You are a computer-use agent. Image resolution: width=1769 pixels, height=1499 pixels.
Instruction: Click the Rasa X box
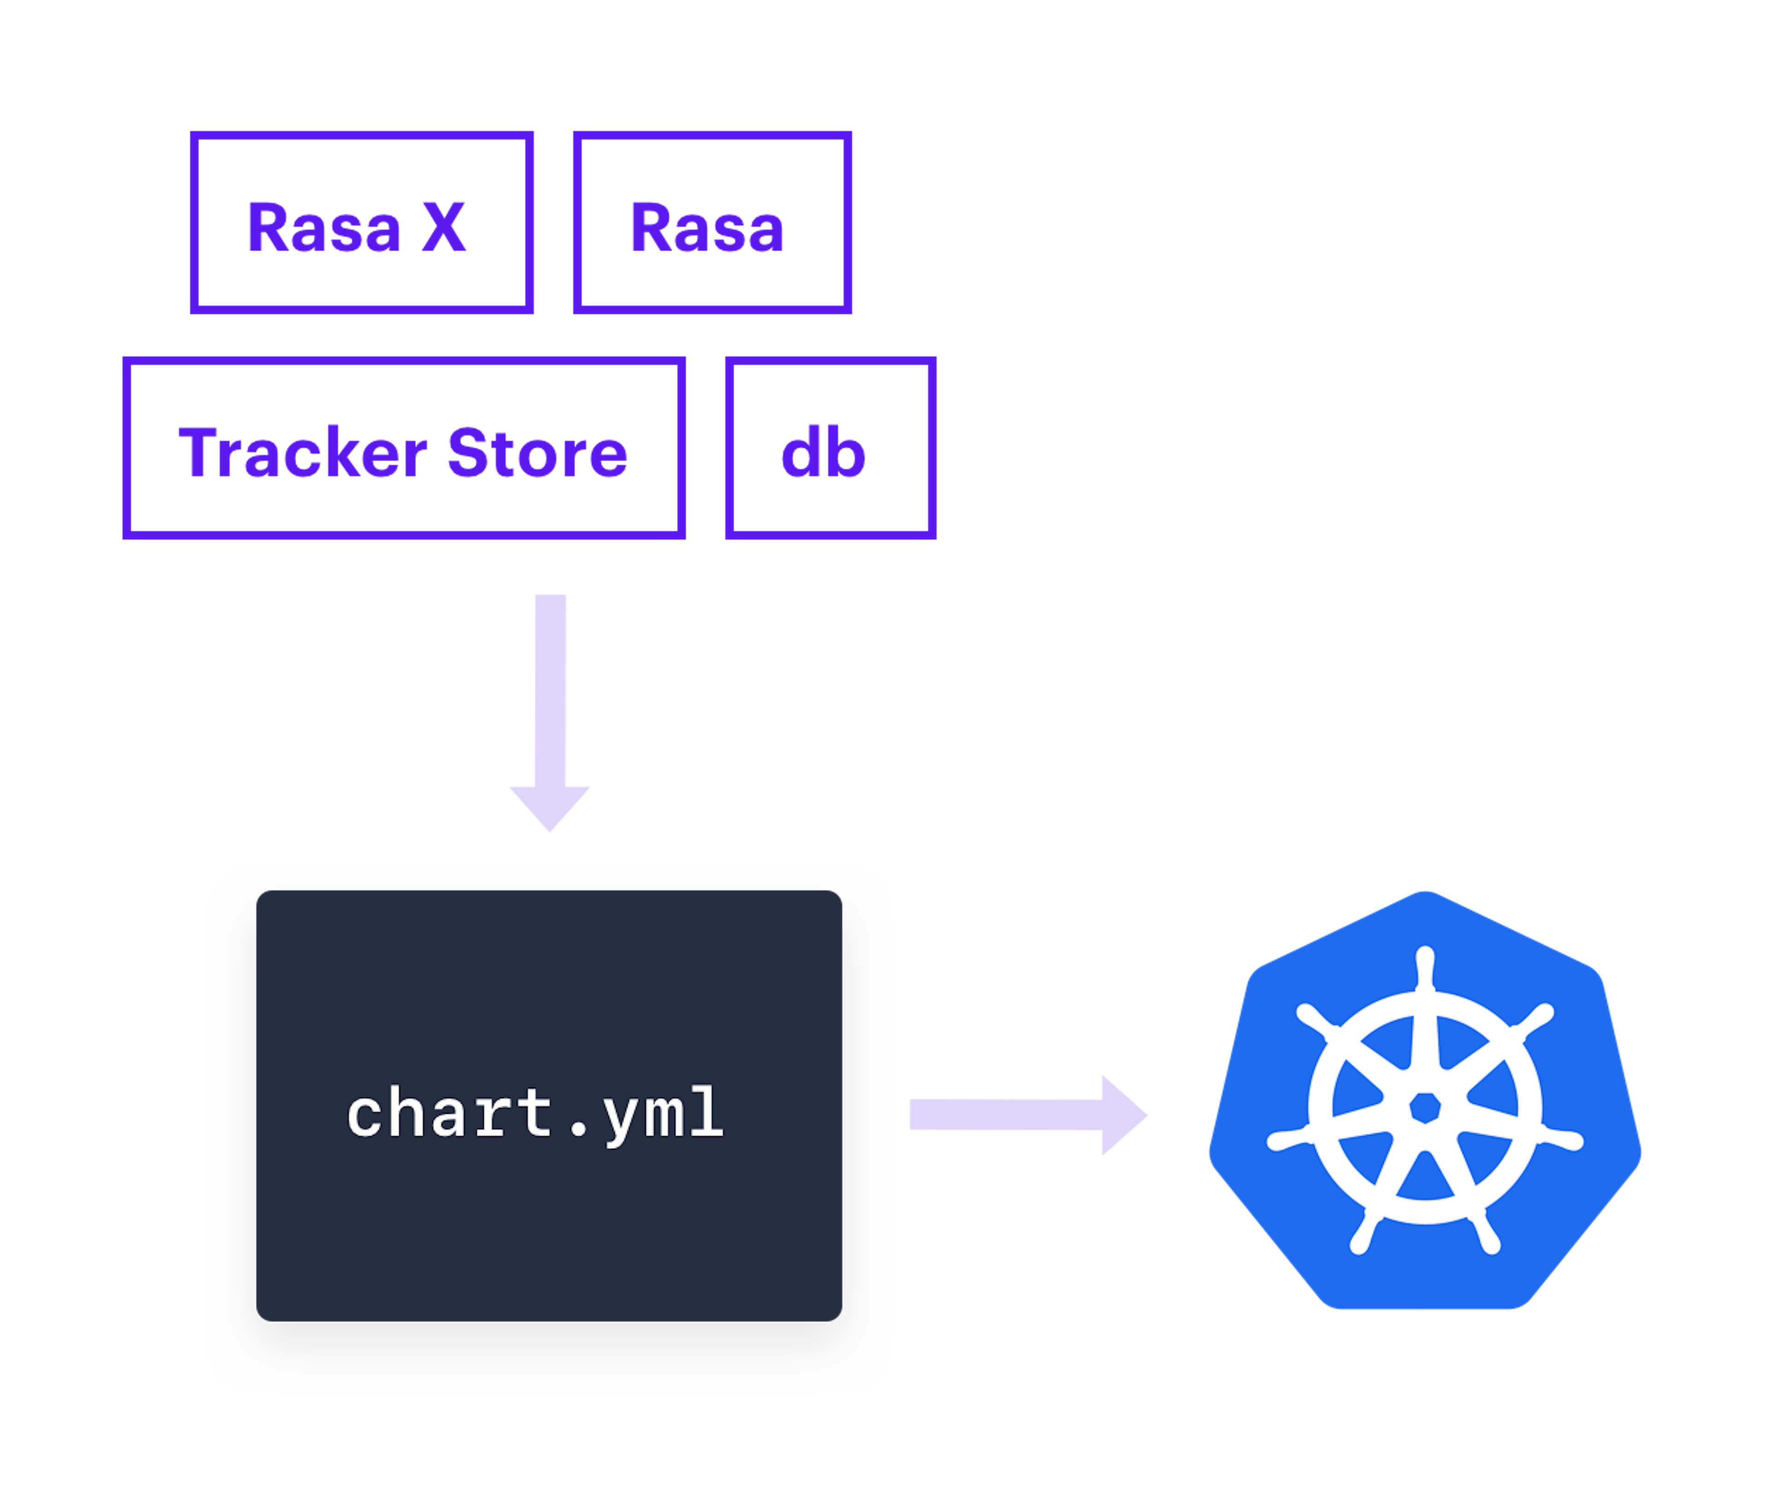[x=361, y=223]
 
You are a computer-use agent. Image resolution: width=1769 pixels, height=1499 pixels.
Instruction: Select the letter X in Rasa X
[x=444, y=228]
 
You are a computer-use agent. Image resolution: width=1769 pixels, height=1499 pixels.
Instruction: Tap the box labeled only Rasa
[x=712, y=223]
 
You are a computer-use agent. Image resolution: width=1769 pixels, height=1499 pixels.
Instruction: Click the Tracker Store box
[x=404, y=448]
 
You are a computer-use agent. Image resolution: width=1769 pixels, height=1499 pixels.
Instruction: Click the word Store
[x=537, y=453]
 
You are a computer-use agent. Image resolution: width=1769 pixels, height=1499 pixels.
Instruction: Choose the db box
[x=830, y=448]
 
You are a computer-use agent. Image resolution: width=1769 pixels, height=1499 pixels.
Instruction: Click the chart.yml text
[x=535, y=1113]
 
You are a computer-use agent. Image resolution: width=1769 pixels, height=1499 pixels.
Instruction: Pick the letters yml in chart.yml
[x=663, y=1115]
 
